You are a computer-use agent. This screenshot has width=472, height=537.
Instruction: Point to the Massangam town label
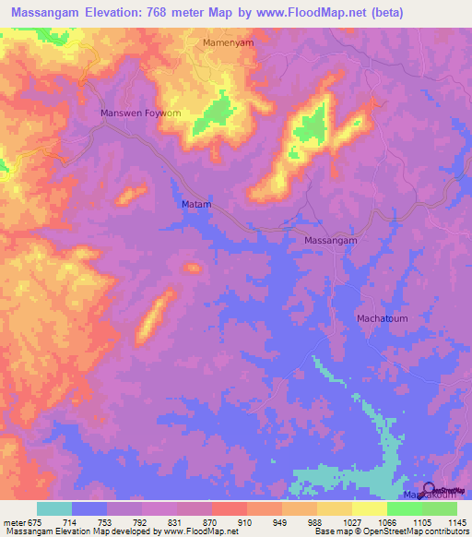pyautogui.click(x=330, y=240)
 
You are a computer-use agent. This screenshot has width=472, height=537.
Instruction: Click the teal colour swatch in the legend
pyautogui.click(x=54, y=508)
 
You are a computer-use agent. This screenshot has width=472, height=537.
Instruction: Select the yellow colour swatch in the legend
pyautogui.click(x=369, y=508)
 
